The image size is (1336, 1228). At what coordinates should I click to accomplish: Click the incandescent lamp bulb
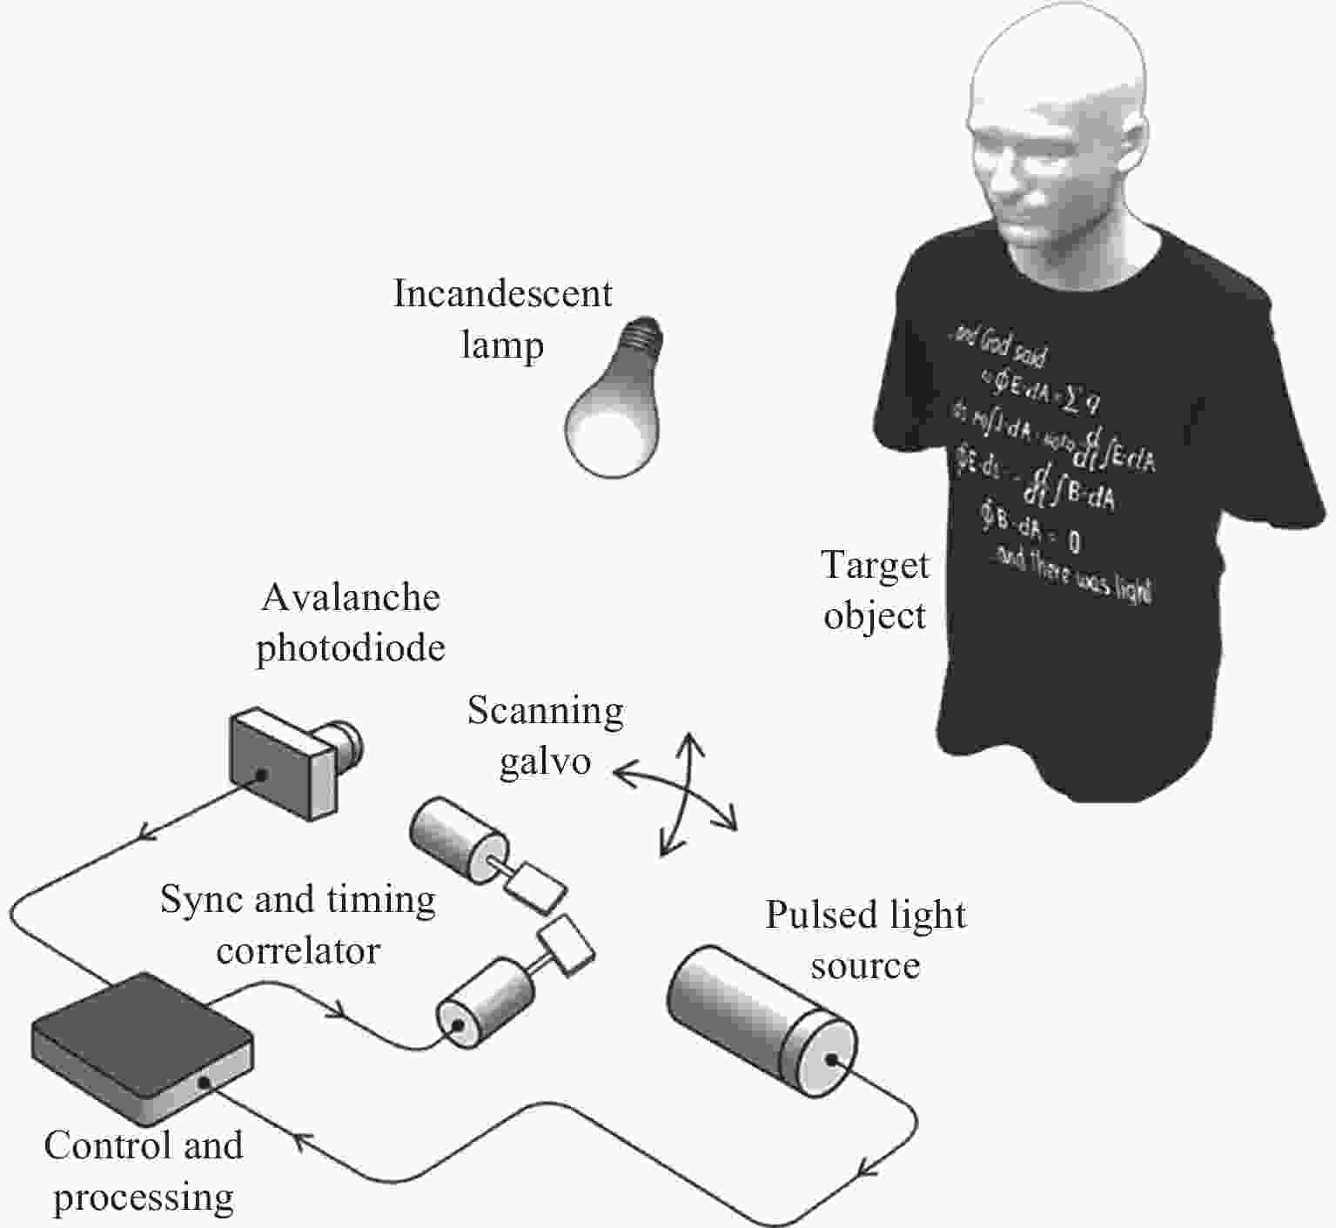click(x=611, y=418)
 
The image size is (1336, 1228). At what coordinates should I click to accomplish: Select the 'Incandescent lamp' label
click(x=502, y=319)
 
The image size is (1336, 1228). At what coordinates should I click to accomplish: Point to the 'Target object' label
click(x=875, y=590)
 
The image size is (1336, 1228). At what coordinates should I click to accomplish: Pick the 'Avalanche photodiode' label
click(x=351, y=622)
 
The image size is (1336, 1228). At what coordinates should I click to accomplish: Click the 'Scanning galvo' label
click(x=546, y=736)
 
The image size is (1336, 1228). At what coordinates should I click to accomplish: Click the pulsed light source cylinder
click(x=762, y=1023)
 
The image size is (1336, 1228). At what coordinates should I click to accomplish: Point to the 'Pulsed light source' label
click(x=865, y=940)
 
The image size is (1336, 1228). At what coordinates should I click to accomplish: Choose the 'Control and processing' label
click(x=144, y=1171)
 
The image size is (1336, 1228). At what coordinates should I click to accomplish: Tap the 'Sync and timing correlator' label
click(x=298, y=924)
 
